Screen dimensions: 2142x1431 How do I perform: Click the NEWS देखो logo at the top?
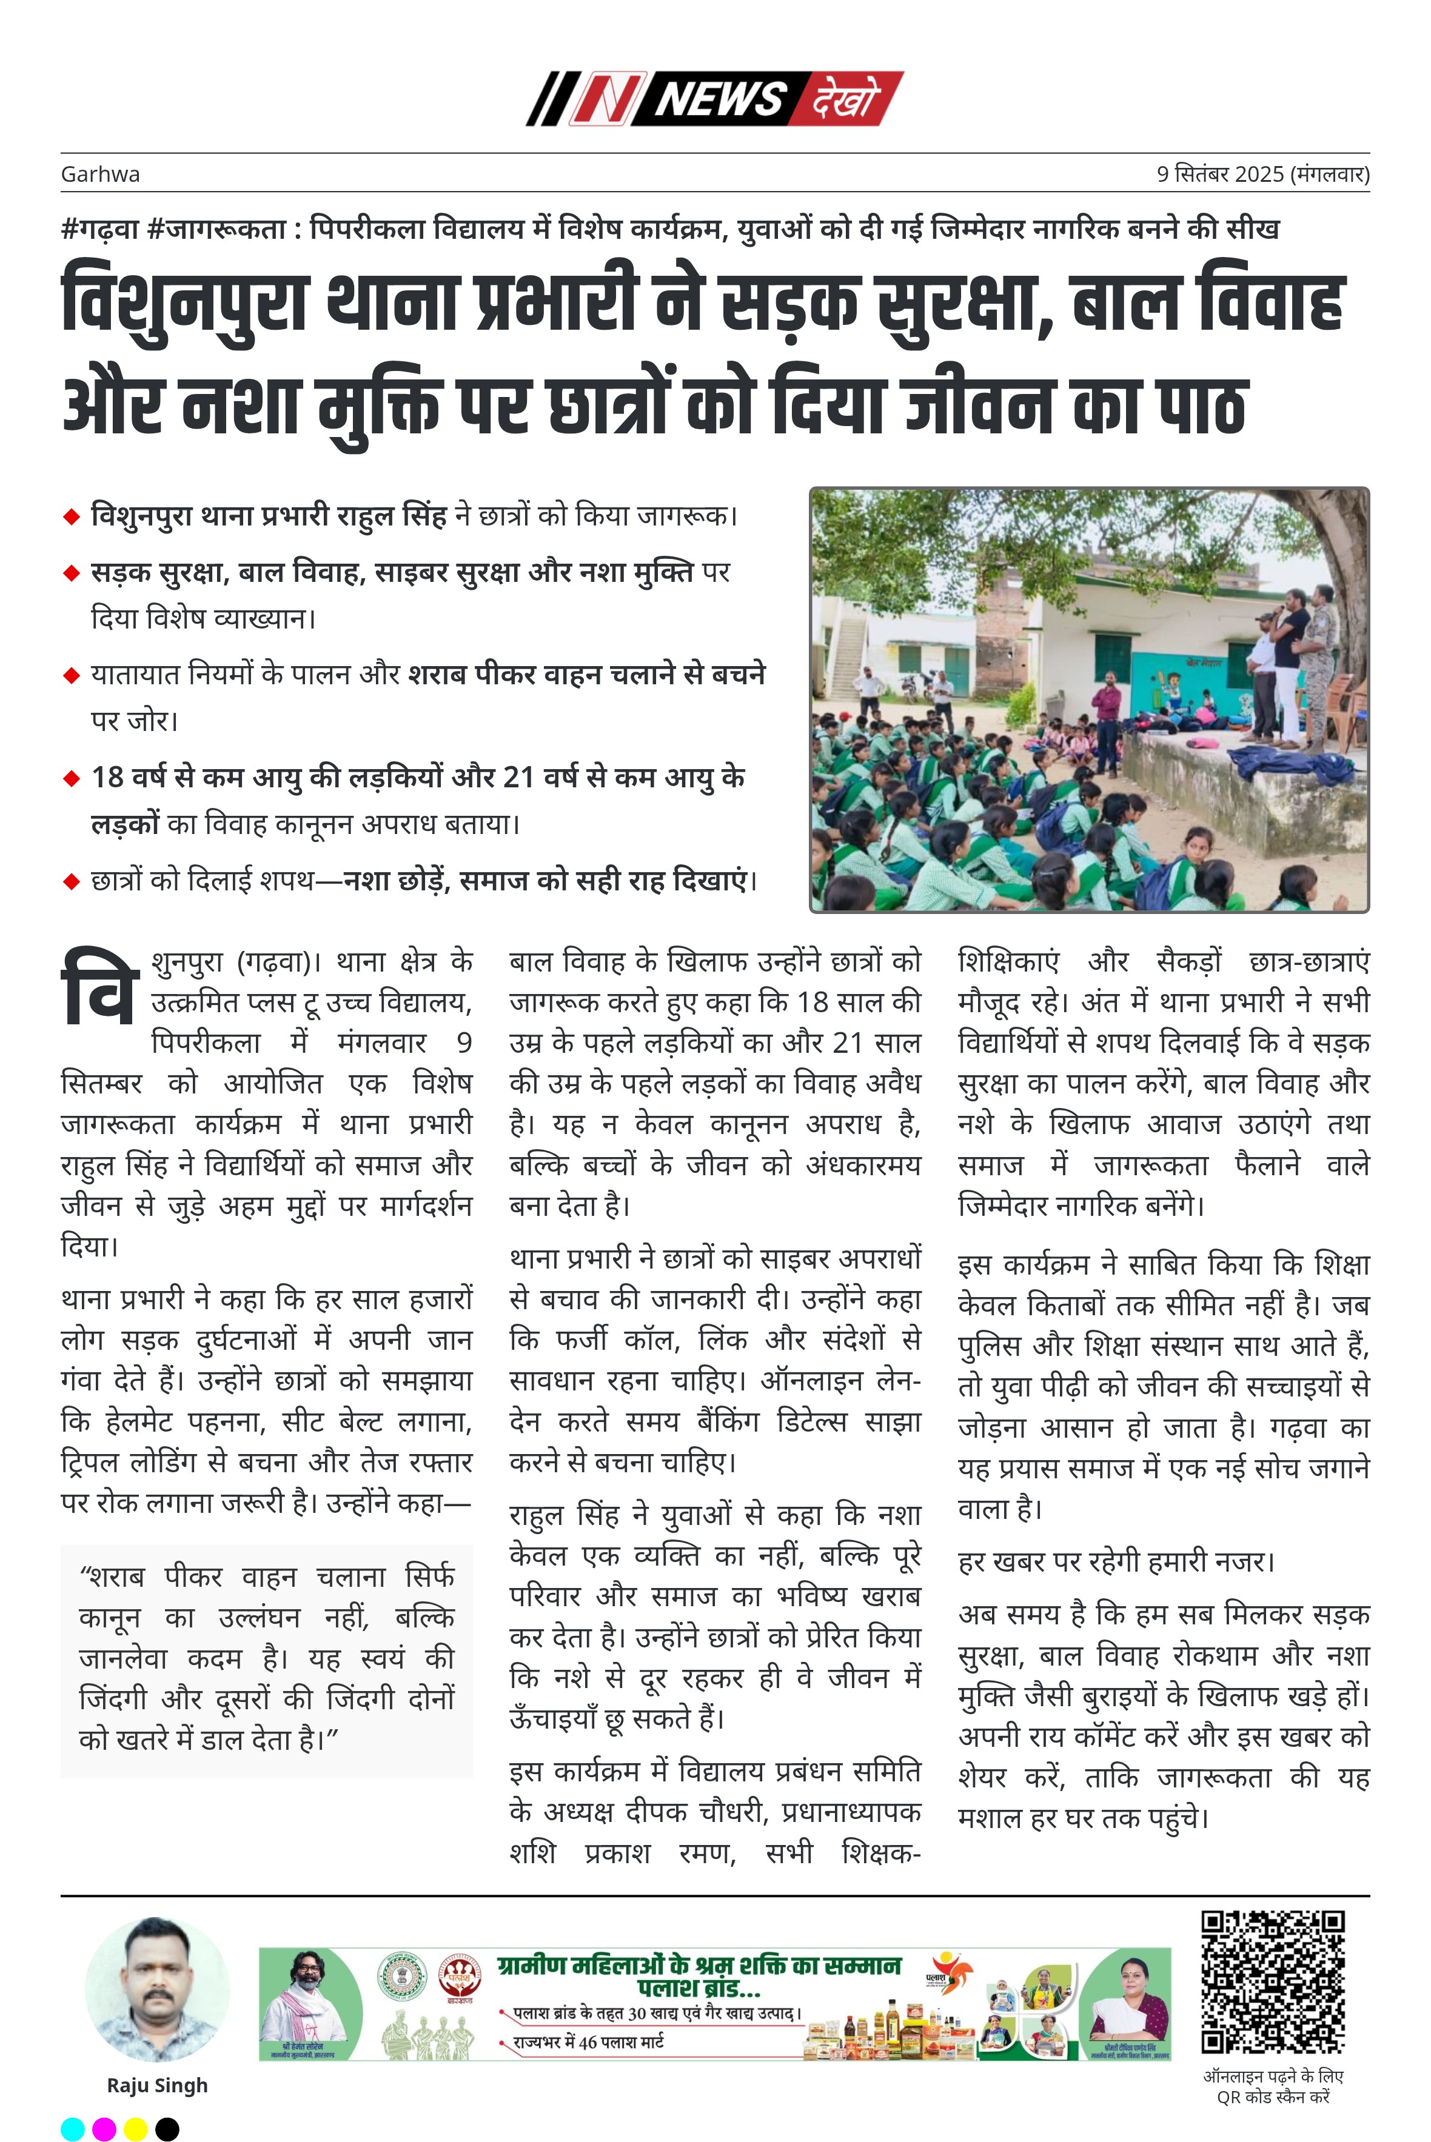[x=714, y=99]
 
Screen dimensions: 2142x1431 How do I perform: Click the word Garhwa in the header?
[x=101, y=174]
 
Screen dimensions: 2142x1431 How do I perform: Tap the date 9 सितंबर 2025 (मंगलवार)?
[x=1262, y=174]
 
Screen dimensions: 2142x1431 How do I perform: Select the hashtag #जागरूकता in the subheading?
[x=215, y=229]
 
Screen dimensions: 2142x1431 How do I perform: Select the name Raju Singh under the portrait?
[x=157, y=2086]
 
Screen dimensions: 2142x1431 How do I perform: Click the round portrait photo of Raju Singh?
[x=157, y=1990]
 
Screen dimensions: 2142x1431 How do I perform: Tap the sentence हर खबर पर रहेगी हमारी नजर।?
[x=1115, y=1562]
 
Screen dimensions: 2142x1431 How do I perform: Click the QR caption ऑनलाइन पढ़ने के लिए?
[x=1272, y=2077]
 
